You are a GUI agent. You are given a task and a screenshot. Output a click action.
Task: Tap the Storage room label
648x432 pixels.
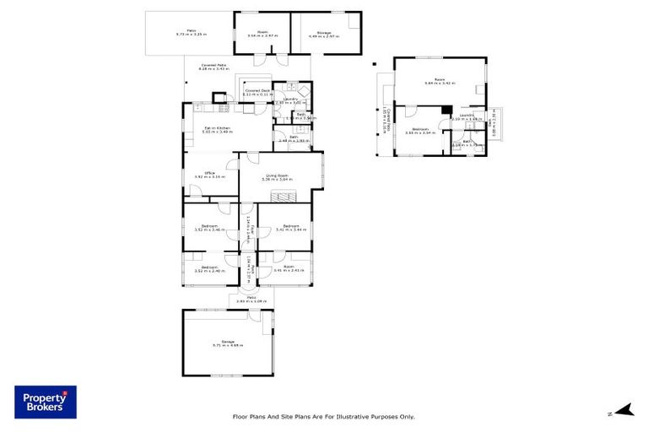325,34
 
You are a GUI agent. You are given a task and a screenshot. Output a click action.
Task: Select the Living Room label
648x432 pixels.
278,177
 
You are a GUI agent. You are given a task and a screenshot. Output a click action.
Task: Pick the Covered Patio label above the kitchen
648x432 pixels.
213,67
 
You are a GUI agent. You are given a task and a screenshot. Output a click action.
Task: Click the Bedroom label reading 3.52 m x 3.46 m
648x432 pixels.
207,227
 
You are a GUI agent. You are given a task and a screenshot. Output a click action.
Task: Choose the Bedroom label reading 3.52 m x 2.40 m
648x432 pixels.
207,268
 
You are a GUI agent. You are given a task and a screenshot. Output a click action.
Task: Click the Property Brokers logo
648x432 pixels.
45,402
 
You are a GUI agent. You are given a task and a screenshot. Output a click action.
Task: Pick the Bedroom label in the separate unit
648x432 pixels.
418,131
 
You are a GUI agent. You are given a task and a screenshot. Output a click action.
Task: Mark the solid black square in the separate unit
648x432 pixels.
444,109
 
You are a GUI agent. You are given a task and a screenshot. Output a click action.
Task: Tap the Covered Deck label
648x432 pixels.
256,92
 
